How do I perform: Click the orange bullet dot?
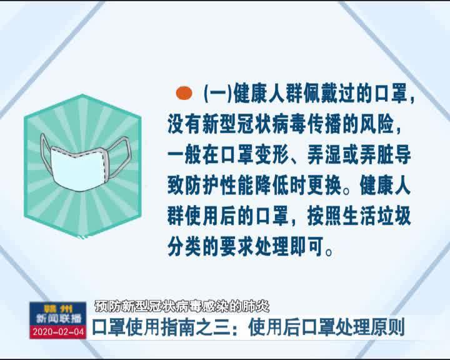click(184, 93)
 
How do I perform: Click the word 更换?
click(325, 186)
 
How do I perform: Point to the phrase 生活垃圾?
click(377, 217)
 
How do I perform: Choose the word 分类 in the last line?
click(184, 247)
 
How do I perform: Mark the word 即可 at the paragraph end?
click(307, 247)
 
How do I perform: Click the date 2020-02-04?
click(58, 332)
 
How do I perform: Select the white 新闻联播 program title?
click(59, 318)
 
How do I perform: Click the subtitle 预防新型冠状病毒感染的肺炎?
click(182, 307)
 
